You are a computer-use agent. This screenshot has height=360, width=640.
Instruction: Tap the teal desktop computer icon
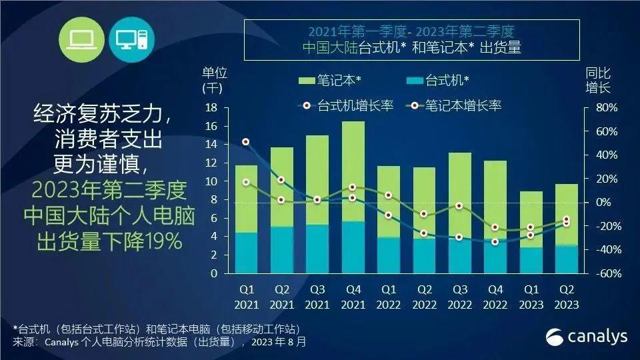click(131, 39)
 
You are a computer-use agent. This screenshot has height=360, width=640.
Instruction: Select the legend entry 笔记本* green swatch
click(306, 81)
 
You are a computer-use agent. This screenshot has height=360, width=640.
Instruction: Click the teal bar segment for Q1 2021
click(246, 253)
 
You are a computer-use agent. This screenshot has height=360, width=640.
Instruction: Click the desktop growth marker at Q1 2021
click(246, 142)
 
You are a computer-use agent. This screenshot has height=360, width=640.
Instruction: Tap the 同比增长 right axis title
click(598, 80)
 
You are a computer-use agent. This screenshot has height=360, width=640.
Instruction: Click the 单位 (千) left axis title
click(213, 79)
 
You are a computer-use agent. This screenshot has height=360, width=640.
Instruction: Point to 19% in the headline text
click(163, 242)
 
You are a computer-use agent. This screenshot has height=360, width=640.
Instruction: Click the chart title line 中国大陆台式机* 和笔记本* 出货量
click(411, 47)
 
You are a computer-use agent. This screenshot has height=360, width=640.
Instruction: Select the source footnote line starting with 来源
click(160, 342)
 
